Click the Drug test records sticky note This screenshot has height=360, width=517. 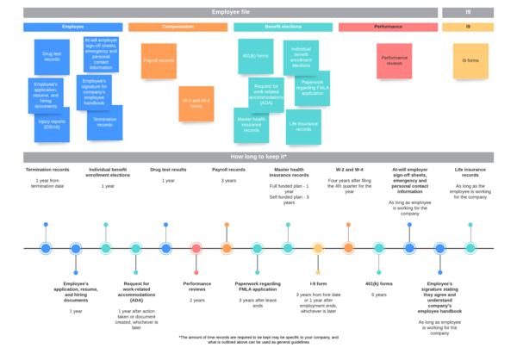51,55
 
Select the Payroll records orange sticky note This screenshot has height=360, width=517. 159,60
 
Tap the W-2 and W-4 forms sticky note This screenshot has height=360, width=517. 196,103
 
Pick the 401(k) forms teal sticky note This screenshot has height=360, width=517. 256,57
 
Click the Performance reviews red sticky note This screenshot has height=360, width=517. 393,60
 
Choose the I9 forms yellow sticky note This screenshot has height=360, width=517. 470,60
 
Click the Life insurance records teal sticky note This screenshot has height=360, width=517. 303,126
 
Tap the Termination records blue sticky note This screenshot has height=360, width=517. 104,122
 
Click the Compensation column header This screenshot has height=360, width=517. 178,28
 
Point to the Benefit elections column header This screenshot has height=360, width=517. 283,28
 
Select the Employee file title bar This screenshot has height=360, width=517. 230,12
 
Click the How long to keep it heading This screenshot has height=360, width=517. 258,158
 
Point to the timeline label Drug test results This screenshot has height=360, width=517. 168,171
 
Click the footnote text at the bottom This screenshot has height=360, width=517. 258,339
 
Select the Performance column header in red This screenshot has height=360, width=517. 388,28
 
